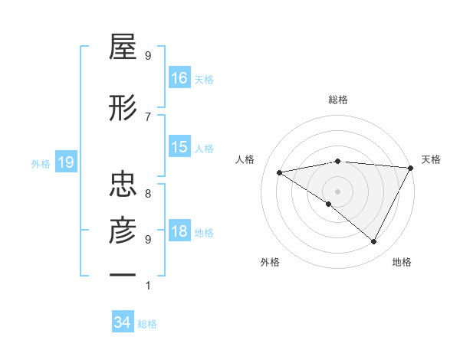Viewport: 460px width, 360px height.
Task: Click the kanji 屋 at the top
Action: point(123,49)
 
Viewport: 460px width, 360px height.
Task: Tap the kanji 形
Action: point(123,109)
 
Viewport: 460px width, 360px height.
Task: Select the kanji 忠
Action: point(123,185)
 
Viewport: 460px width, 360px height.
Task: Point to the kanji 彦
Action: point(123,229)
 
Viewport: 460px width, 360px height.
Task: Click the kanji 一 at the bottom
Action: point(123,273)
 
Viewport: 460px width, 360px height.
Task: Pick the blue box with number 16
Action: point(179,77)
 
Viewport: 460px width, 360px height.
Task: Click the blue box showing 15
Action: point(179,147)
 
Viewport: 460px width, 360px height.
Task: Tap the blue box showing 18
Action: point(179,231)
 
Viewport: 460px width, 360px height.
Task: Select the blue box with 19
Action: point(65,162)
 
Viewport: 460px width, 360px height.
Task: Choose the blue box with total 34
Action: point(123,322)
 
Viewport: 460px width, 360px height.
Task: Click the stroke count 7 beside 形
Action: point(148,116)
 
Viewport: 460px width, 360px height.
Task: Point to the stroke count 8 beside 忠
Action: point(148,194)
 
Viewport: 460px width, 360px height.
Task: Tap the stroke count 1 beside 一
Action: point(148,286)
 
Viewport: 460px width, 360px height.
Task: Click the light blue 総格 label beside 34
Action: point(147,324)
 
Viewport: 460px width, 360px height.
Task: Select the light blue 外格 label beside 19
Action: point(41,163)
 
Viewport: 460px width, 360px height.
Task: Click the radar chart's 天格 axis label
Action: point(431,159)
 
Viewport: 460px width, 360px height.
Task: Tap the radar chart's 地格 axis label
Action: point(402,262)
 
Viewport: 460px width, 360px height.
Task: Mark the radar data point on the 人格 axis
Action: point(280,172)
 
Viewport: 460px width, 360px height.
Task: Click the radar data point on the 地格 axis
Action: point(374,241)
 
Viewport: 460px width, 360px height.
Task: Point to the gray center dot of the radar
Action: point(337,191)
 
